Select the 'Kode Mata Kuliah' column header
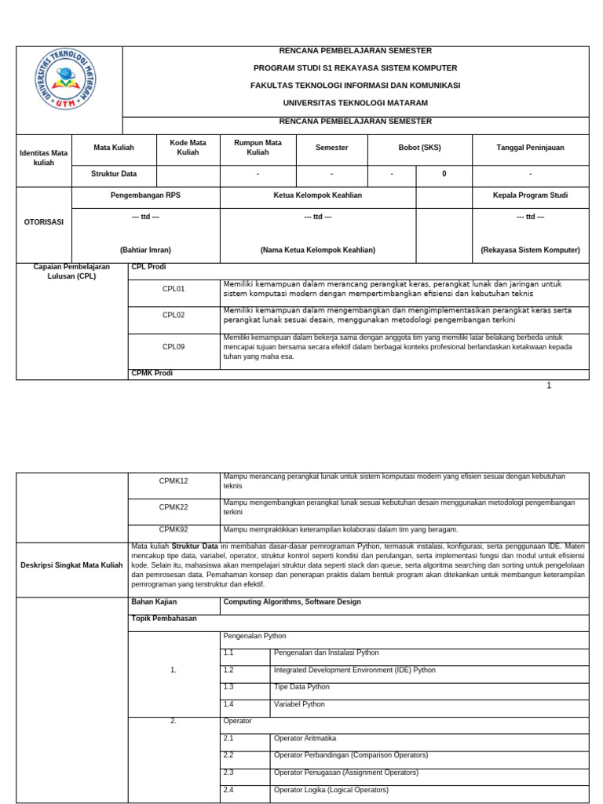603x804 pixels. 188,147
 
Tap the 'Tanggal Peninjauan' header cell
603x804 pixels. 530,147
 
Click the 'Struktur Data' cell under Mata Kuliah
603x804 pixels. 114,174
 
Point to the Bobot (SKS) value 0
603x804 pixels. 444,174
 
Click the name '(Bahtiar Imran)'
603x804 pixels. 145,250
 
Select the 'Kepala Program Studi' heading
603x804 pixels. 530,195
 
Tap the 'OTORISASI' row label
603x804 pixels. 44,221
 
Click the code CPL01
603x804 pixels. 174,289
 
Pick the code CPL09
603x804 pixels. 174,345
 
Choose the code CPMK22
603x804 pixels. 174,507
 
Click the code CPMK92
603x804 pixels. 174,529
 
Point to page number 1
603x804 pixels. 549,386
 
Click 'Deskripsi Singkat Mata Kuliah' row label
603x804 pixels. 71,565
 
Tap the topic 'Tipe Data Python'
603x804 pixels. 301,687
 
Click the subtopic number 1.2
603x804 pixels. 228,670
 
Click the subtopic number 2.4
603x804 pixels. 228,789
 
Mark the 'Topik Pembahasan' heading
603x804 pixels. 164,619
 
